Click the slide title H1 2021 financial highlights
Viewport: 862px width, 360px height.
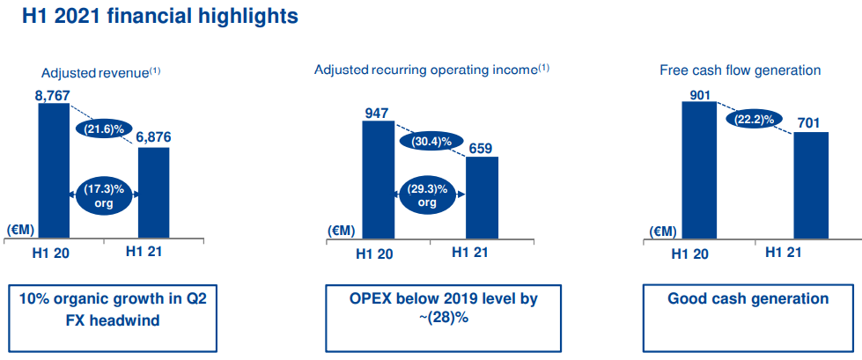point(159,16)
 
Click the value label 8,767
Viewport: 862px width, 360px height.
point(53,96)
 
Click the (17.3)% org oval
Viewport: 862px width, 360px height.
point(104,195)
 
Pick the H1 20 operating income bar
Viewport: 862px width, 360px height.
point(379,180)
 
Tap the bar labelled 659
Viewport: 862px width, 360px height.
point(483,198)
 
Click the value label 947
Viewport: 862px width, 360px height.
point(377,114)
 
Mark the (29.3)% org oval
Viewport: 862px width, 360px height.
point(427,195)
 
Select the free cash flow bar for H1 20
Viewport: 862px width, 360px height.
point(699,171)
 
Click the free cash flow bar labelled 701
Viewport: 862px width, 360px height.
point(811,186)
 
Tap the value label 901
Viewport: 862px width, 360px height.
point(699,94)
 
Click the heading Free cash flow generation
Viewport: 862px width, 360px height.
point(740,70)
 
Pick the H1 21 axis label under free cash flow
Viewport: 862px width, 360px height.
point(784,253)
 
